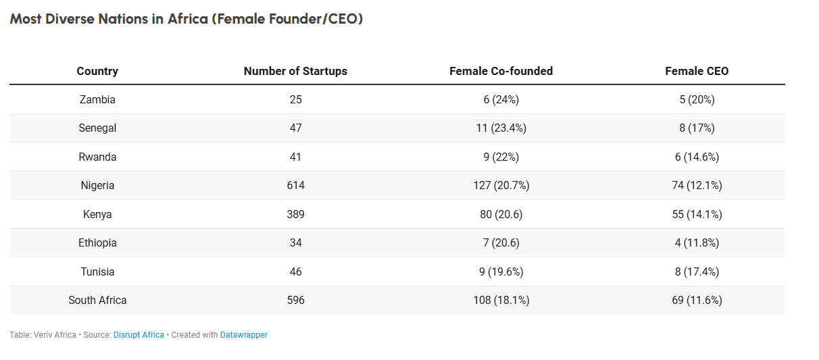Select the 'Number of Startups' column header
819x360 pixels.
(x=295, y=71)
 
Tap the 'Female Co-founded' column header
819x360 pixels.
(x=501, y=71)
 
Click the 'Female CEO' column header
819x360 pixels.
(x=697, y=71)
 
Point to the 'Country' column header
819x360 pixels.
(x=97, y=71)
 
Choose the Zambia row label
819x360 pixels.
(x=97, y=99)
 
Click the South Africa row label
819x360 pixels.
(x=97, y=300)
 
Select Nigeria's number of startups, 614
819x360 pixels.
(x=295, y=185)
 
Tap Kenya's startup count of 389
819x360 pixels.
(x=295, y=214)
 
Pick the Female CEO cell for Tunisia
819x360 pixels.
(x=697, y=272)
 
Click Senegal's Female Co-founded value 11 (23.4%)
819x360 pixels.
(x=501, y=128)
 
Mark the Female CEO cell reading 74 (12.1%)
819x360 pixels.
(x=697, y=185)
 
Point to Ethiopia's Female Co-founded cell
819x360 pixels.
(x=501, y=242)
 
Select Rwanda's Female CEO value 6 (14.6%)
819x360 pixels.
(x=697, y=157)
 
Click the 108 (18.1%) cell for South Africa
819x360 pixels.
(x=501, y=300)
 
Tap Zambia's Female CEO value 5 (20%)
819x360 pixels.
(x=697, y=99)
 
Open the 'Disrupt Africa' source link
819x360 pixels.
(x=139, y=335)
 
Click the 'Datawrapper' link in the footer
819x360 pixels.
(x=243, y=335)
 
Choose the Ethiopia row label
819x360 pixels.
(x=97, y=242)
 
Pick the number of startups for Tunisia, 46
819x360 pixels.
(x=295, y=272)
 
